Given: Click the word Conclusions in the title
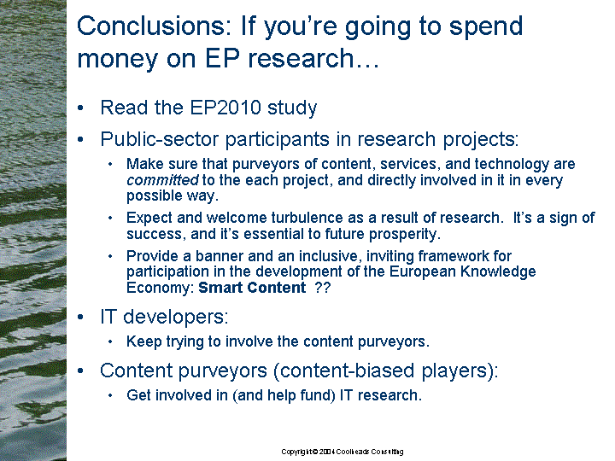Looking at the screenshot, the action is click(x=151, y=26).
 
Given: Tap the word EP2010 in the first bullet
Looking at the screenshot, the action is click(x=225, y=108).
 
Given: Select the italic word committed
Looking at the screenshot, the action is click(x=162, y=180).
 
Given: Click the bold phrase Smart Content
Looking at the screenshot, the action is click(x=252, y=288).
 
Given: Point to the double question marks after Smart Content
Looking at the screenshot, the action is click(x=323, y=288).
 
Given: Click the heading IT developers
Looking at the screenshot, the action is click(x=164, y=317).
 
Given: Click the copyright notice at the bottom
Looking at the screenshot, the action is click(x=343, y=452).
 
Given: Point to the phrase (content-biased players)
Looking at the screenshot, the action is click(x=385, y=371).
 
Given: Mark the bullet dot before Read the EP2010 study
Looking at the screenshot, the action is click(x=81, y=108).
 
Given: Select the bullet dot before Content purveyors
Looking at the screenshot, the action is click(x=81, y=371).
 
